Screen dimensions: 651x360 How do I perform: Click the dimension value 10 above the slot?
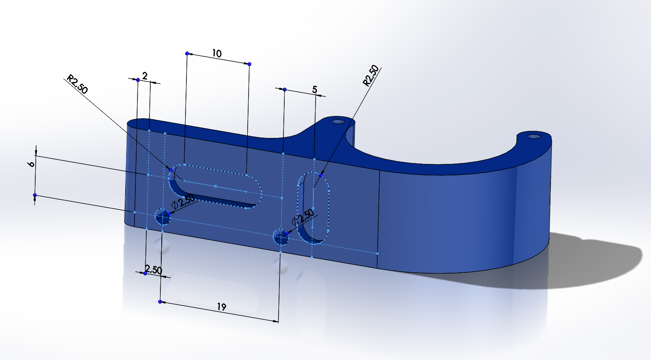point(217,53)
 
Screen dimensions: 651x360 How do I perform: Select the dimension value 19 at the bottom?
point(221,307)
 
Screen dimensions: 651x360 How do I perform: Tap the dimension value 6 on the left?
point(31,164)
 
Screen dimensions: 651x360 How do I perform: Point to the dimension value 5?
point(314,90)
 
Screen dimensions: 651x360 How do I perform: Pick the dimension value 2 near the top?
point(145,76)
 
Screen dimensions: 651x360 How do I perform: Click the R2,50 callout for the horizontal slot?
point(77,84)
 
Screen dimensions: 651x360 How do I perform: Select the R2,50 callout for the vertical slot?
point(371,75)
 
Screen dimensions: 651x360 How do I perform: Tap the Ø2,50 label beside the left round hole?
point(183,201)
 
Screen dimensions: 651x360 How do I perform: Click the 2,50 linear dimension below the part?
point(153,270)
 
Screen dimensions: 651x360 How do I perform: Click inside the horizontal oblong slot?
point(215,186)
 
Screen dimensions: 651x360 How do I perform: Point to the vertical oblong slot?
point(313,208)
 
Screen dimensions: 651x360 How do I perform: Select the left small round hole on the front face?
point(163,217)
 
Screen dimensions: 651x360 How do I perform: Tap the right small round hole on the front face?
point(281,237)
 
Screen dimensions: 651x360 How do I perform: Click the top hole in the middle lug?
point(338,122)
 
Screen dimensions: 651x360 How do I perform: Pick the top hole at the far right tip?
point(534,136)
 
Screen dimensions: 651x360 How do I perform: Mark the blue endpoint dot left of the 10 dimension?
point(187,53)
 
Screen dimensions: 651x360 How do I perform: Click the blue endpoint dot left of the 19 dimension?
point(160,301)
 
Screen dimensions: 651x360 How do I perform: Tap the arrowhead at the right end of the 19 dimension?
point(276,321)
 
